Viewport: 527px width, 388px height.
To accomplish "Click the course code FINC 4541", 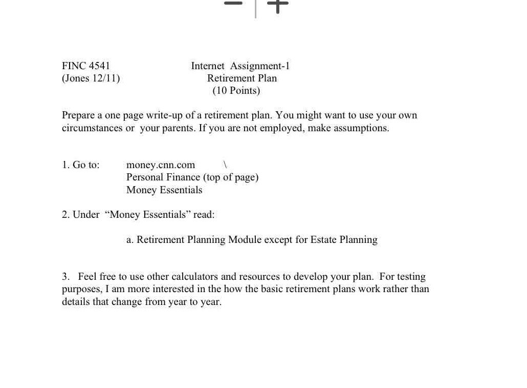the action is [x=86, y=66].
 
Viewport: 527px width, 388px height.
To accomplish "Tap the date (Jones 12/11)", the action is [x=91, y=78].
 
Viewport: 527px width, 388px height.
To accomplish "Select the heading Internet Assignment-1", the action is [x=240, y=66].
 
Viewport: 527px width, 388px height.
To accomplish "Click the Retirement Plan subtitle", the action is [x=242, y=78].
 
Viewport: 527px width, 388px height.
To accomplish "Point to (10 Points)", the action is [x=236, y=91].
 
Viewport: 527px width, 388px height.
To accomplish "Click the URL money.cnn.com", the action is [x=161, y=165].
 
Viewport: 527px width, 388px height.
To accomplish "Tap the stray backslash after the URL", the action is [x=225, y=165].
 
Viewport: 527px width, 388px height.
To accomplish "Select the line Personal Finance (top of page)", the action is [x=192, y=177].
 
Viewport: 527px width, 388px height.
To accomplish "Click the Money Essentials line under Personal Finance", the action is [x=164, y=190].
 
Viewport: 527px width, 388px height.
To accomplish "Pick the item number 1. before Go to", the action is [x=65, y=165].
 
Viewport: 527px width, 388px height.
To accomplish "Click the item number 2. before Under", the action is [x=65, y=215].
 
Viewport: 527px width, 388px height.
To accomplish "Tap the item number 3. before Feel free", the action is [x=65, y=277].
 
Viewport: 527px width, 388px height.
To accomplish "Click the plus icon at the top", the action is [x=278, y=5].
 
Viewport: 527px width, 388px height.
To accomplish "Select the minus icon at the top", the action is [x=233, y=4].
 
